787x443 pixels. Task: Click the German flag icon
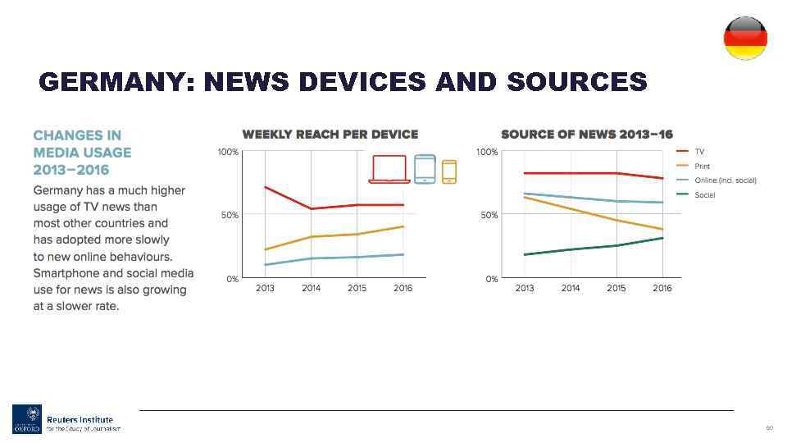click(745, 38)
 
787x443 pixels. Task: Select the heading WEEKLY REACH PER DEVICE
click(330, 135)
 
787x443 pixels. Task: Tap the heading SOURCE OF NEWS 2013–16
click(586, 135)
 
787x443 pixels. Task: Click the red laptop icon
click(389, 169)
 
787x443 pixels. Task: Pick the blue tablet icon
click(425, 169)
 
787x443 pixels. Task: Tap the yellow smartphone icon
click(449, 171)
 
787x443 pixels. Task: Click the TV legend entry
click(699, 152)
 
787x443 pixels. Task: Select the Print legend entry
click(702, 167)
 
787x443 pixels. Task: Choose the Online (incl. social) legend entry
click(725, 180)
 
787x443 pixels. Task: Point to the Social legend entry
click(704, 195)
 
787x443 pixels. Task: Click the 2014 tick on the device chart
click(311, 289)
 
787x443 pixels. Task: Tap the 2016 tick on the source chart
click(662, 289)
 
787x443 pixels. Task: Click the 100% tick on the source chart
click(487, 152)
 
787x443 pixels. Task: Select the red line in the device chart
click(357, 205)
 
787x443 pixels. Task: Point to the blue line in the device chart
click(357, 258)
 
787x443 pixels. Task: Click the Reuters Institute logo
click(66, 419)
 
